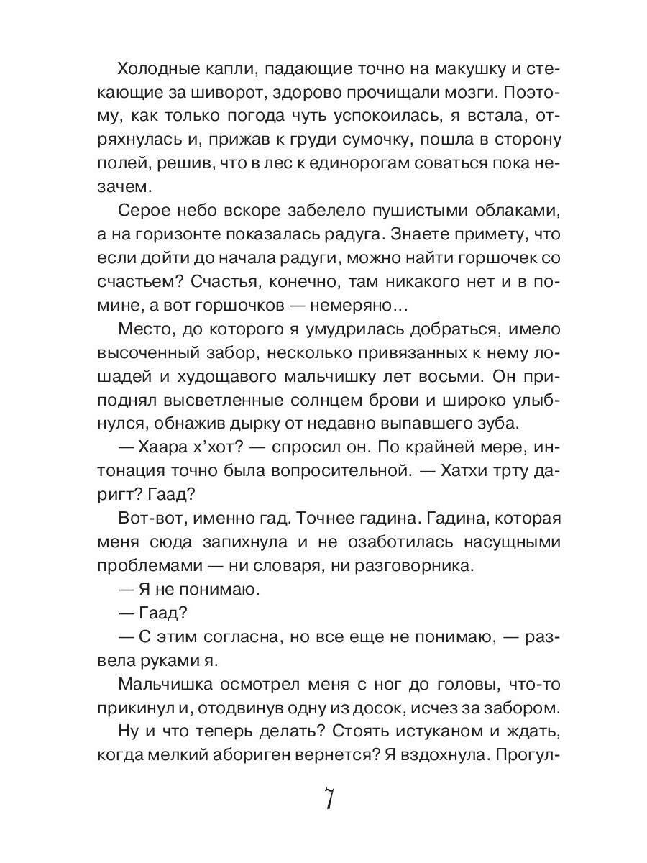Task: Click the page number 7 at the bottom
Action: tap(328, 799)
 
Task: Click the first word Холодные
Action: tap(154, 70)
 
